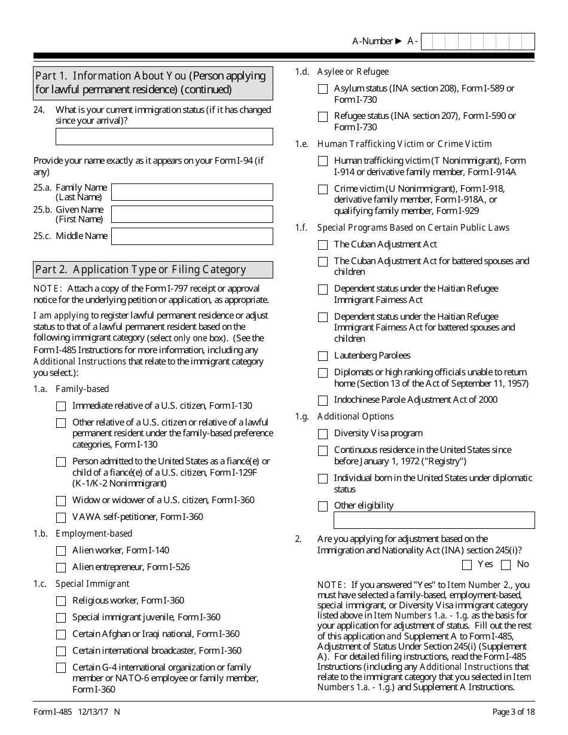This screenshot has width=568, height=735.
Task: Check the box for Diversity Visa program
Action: point(323,434)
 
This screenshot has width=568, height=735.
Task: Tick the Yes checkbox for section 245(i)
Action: point(467,565)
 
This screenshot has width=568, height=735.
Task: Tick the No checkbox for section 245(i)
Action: point(506,565)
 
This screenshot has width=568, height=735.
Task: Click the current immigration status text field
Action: point(164,136)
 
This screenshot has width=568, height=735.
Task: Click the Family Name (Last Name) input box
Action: point(192,192)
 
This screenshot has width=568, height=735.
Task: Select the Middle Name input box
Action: point(192,236)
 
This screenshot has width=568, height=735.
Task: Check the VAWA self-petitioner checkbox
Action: point(61,517)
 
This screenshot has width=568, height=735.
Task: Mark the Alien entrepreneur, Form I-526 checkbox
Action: point(61,568)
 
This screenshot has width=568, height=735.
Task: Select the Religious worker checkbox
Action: point(61,601)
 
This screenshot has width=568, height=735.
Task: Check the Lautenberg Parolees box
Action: point(323,356)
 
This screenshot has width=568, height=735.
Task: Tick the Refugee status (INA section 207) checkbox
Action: point(323,117)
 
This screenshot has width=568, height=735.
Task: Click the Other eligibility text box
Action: point(433,520)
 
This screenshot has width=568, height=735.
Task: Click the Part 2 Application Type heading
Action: point(141,269)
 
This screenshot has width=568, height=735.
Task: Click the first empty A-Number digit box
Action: point(429,41)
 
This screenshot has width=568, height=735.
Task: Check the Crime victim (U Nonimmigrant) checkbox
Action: point(323,189)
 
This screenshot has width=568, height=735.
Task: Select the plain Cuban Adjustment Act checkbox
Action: point(323,245)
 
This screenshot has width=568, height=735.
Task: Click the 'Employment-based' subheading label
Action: point(94,534)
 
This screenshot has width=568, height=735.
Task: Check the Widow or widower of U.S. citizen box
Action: point(61,501)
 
